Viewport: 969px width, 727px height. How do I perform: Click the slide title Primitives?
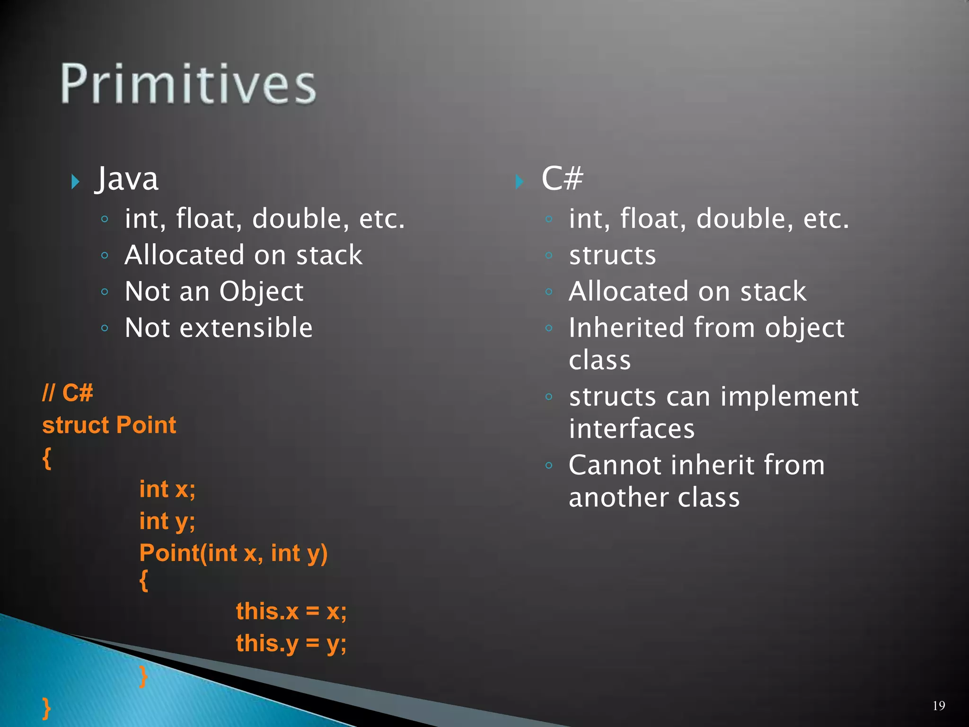(x=188, y=84)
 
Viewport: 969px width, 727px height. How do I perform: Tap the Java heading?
(x=127, y=179)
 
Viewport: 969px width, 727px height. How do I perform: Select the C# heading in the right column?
(x=562, y=179)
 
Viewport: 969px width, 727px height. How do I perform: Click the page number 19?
(x=939, y=706)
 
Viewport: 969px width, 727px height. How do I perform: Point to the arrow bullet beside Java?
(x=75, y=182)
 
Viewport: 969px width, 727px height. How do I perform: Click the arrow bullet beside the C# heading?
(x=519, y=182)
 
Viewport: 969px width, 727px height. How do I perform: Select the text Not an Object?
(x=214, y=292)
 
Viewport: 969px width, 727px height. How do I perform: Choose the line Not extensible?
(x=219, y=328)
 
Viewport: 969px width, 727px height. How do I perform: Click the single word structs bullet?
(x=612, y=256)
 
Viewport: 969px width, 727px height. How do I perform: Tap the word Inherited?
(x=626, y=328)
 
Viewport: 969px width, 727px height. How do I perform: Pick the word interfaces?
(x=632, y=429)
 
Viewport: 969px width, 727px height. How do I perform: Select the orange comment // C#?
(x=68, y=393)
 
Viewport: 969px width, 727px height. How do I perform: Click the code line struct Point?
(x=109, y=425)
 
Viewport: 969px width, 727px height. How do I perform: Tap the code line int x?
(x=167, y=489)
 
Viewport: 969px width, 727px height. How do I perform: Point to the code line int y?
(x=167, y=522)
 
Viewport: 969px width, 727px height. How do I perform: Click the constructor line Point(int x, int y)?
(x=233, y=553)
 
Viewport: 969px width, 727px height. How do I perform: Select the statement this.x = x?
(x=291, y=611)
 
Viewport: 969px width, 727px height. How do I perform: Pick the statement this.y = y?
(x=291, y=644)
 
